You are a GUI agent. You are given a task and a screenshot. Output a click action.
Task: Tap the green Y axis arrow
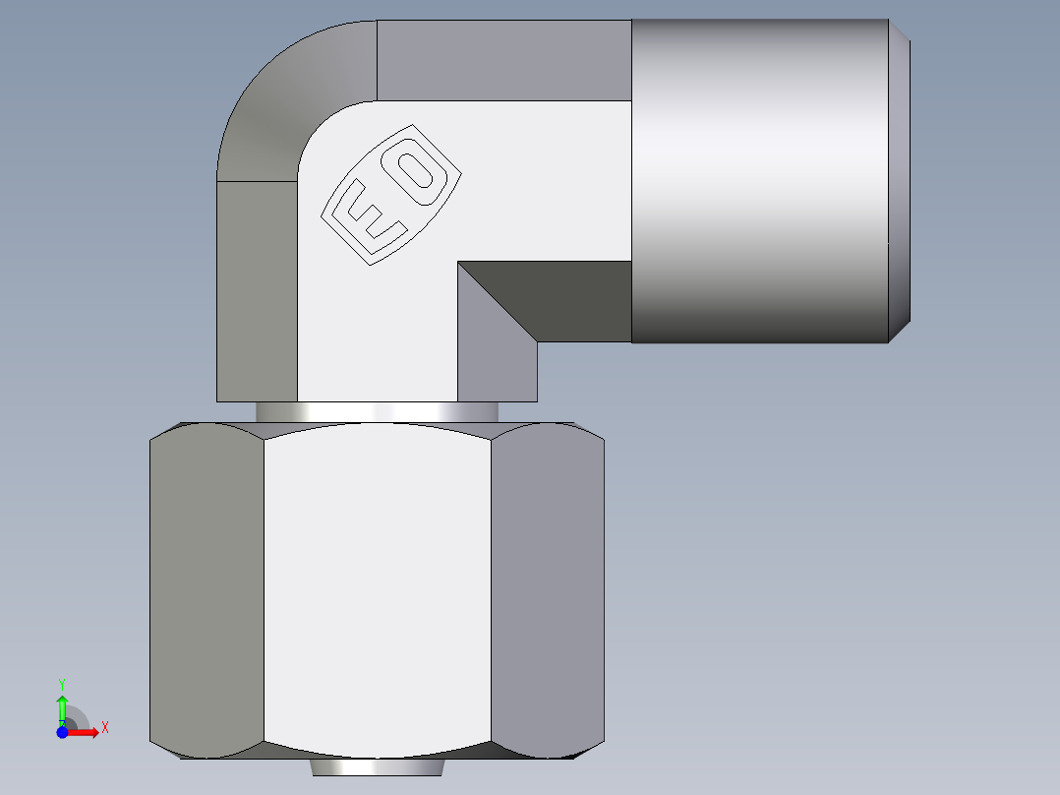pyautogui.click(x=62, y=706)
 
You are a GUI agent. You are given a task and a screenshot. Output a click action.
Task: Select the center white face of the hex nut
pyautogui.click(x=378, y=590)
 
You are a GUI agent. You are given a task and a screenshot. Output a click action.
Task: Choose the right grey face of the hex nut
pyautogui.click(x=547, y=590)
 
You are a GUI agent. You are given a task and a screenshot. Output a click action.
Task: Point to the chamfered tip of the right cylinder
pyautogui.click(x=900, y=181)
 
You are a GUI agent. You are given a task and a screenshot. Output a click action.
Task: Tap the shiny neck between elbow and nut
pyautogui.click(x=374, y=412)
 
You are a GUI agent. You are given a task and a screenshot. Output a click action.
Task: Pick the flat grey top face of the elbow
pyautogui.click(x=501, y=59)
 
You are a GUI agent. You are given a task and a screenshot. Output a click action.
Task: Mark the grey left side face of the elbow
pyautogui.click(x=256, y=290)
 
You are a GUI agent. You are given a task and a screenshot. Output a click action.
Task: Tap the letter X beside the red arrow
pyautogui.click(x=104, y=728)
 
